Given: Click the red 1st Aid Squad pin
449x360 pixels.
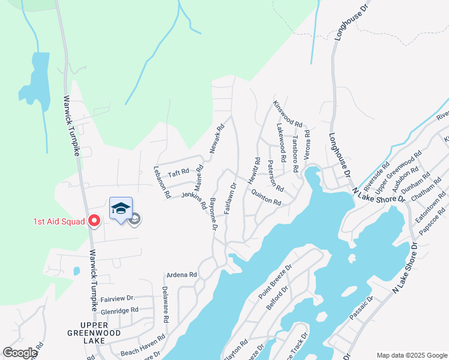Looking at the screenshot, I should [x=94, y=221].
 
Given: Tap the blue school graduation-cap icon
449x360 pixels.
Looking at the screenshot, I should [x=121, y=209].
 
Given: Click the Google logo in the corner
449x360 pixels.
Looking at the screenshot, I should [x=20, y=353].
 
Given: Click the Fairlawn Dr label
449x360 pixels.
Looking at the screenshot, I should [x=228, y=200].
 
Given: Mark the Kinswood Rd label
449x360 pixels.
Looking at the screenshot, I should [x=288, y=113].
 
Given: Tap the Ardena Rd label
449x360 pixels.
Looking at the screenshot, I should [x=182, y=275].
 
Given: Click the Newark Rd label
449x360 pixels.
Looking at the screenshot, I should [x=216, y=138].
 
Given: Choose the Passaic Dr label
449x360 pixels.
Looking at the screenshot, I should [x=361, y=307].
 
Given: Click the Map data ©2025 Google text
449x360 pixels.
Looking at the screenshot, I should [x=411, y=355].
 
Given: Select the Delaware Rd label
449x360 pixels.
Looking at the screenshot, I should [x=165, y=303].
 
